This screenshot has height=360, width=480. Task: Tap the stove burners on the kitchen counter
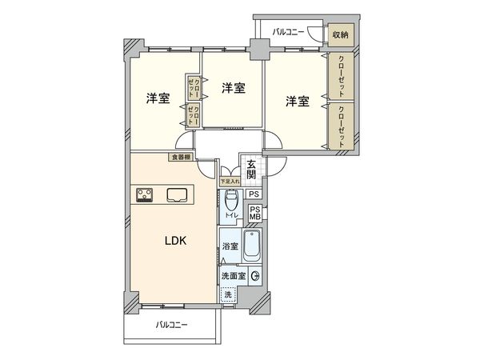[146, 194]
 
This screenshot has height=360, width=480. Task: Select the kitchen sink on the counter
[178, 194]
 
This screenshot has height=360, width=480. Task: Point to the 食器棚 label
[180, 157]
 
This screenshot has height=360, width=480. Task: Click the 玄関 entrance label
[250, 170]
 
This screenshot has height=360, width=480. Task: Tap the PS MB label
[255, 213]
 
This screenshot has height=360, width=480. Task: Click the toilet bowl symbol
[231, 200]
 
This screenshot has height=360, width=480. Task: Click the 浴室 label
[229, 247]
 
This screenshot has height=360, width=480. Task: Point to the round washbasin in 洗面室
[254, 276]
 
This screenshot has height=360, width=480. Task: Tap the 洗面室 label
[233, 275]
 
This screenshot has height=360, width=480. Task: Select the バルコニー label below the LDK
[171, 325]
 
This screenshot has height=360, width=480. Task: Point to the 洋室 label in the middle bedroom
[233, 87]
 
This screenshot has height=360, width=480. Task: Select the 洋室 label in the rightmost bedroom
[298, 101]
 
